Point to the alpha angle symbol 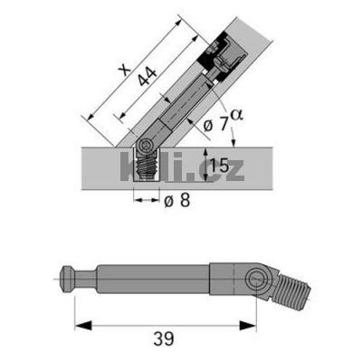pos(238,115)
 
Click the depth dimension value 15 pos(218,166)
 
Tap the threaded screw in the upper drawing pos(145,167)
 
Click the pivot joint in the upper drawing pos(147,146)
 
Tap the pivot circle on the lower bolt pos(257,280)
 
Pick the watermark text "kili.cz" pos(181,167)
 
